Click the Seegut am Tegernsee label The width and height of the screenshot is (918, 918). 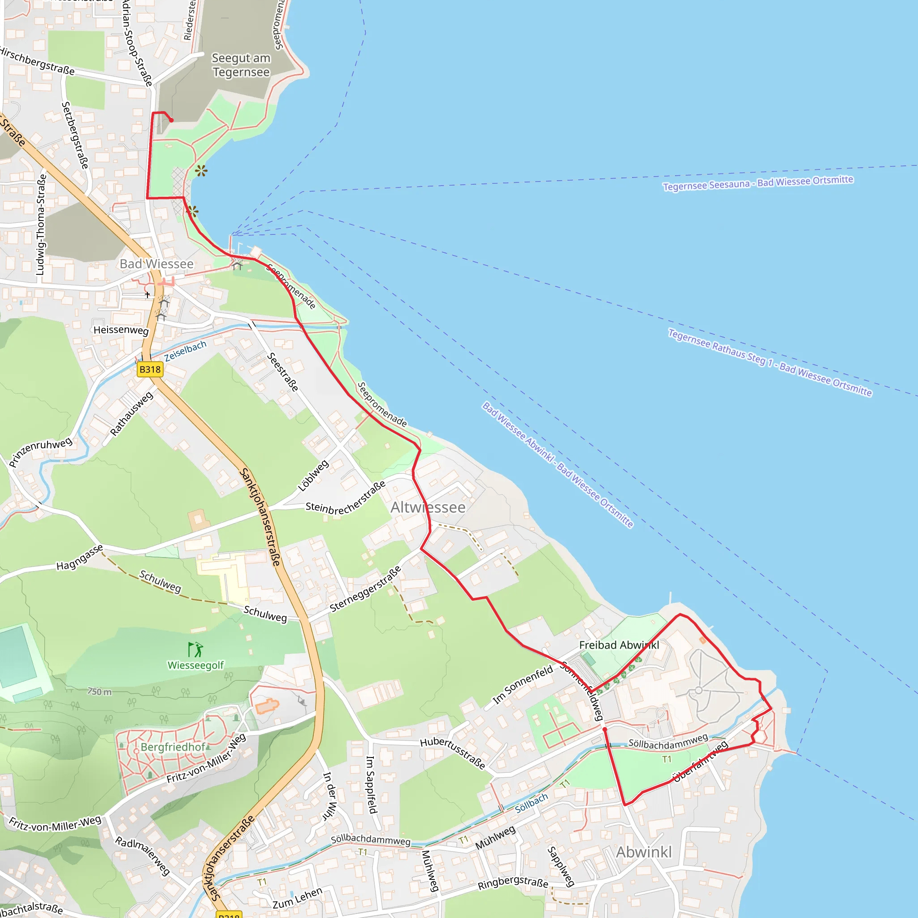[x=241, y=65]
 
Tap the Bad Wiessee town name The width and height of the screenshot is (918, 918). [x=156, y=264]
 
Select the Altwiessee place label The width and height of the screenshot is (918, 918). [x=428, y=507]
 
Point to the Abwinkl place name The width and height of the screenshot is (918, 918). [x=644, y=852]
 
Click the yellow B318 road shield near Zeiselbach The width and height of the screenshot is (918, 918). [x=150, y=369]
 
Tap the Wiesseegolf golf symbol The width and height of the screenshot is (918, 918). [x=195, y=649]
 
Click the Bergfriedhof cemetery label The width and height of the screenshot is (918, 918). [x=173, y=747]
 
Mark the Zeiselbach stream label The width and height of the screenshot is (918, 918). [x=185, y=351]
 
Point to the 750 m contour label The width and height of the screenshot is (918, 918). [x=100, y=692]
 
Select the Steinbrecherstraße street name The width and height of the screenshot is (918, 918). [x=346, y=498]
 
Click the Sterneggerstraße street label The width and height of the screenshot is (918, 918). [x=365, y=589]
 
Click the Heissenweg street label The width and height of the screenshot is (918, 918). [x=121, y=330]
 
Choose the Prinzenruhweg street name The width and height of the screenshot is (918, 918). [x=41, y=451]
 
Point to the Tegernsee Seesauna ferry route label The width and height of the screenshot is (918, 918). [x=758, y=183]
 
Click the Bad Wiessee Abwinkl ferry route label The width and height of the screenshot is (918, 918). [x=557, y=464]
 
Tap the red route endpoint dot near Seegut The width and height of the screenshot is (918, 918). [x=171, y=120]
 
